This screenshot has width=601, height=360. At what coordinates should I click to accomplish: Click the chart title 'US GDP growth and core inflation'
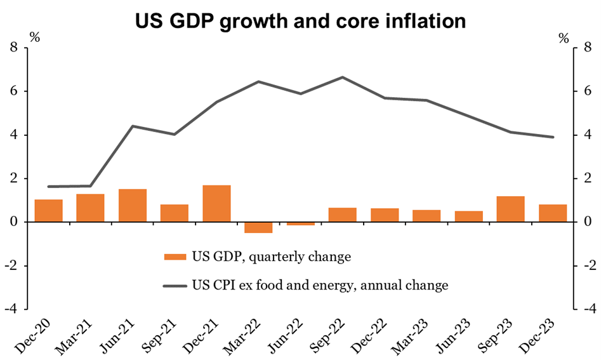point(300,20)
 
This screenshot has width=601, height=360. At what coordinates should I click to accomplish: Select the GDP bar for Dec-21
point(216,203)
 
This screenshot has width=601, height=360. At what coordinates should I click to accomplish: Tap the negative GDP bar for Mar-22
point(258,227)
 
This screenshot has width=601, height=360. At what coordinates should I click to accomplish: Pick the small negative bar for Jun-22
point(300,223)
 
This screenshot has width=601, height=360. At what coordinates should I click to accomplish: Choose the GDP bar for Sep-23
point(510,209)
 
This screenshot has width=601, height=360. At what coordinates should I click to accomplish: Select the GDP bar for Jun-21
point(133,205)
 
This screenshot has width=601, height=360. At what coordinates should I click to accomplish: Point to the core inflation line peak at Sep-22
point(343,77)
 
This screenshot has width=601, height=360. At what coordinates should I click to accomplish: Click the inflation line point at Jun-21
point(133,126)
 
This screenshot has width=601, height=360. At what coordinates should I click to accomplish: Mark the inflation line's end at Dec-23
point(553,137)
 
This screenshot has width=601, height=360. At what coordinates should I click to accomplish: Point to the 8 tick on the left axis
point(13,48)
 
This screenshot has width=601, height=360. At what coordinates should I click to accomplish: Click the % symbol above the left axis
point(34,37)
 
